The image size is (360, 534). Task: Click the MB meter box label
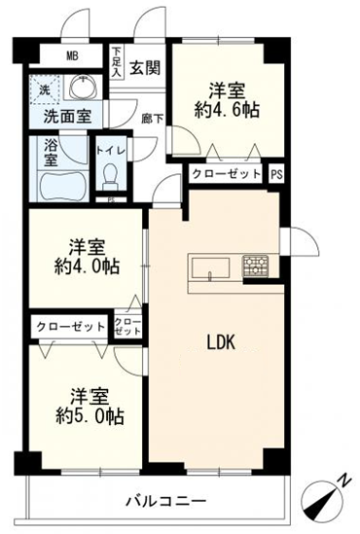pos(72,55)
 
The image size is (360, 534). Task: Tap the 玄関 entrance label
pos(145,68)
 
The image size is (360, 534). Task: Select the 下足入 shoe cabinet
pos(117,62)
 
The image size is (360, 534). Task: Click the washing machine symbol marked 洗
pos(45,89)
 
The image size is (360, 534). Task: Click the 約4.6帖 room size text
pos(227,110)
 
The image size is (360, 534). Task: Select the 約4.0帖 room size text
pos(88,267)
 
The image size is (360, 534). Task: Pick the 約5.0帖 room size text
pos(90,416)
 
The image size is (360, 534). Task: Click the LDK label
pos(222,342)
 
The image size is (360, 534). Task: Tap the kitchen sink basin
pos(210,268)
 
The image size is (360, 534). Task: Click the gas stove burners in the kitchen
pos(256,266)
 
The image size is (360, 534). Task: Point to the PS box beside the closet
pos(277,175)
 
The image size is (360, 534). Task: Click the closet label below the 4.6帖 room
pos(226,174)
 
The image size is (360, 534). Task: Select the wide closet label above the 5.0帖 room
pos(70,327)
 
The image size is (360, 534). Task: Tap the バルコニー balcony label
pos(166,501)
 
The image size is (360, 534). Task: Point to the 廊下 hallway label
pos(153,119)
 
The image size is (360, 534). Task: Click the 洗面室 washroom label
pos(68,117)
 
